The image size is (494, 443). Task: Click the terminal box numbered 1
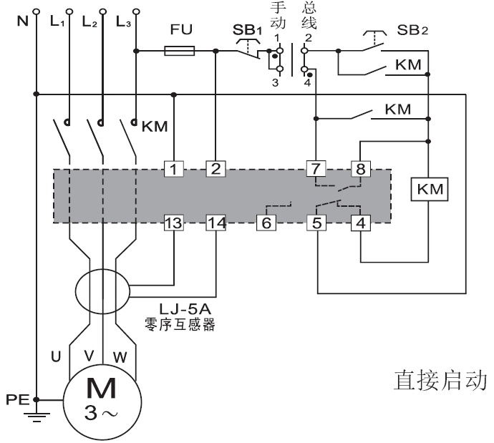click(x=174, y=169)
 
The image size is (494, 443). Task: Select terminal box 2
click(x=215, y=169)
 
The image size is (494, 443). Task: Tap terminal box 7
click(x=316, y=169)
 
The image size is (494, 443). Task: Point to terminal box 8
click(x=360, y=169)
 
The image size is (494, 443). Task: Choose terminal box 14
click(x=215, y=223)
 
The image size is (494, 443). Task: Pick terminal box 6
click(x=266, y=223)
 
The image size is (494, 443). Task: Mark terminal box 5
click(x=316, y=223)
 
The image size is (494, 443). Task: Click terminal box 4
click(x=360, y=223)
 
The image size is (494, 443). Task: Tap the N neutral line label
click(x=21, y=19)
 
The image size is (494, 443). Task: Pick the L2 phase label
click(x=90, y=21)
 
